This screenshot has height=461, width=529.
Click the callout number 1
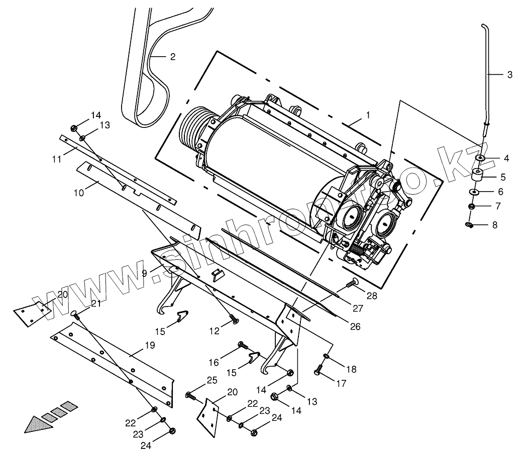tap(368, 115)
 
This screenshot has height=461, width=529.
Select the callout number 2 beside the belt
tap(172, 57)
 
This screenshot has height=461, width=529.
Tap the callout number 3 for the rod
tap(509, 75)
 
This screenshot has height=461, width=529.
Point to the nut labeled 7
tap(472, 206)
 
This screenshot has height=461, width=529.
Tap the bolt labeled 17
tap(318, 372)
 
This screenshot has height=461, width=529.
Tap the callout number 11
tap(56, 159)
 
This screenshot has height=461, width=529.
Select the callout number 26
tap(355, 327)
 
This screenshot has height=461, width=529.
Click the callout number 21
tap(95, 303)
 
